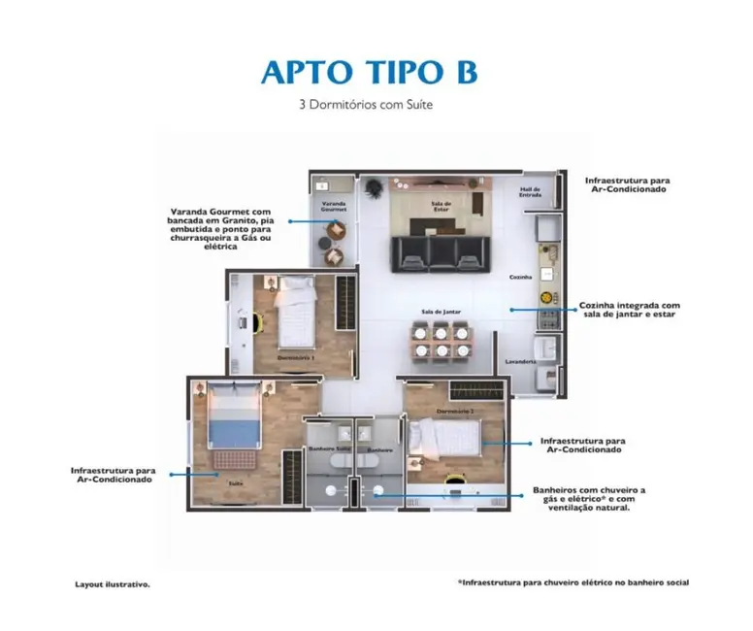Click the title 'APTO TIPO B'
tap(369, 73)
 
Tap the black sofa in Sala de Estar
tap(437, 253)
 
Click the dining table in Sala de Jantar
tap(441, 341)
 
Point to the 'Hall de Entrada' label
tap(530, 191)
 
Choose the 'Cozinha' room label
tap(521, 278)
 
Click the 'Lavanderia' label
tap(520, 361)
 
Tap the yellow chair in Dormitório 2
tap(453, 479)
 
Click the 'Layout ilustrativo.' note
tap(113, 584)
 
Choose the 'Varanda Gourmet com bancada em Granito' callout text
tap(220, 229)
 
